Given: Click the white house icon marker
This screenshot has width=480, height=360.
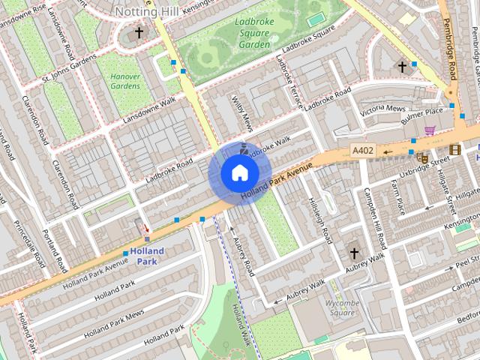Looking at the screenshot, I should (239, 173).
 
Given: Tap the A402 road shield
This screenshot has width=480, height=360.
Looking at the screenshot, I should (362, 151).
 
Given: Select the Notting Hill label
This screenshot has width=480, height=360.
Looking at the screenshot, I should (148, 11).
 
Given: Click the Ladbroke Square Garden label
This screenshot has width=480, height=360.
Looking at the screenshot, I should (252, 33).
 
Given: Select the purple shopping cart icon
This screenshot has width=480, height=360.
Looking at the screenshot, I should (430, 130).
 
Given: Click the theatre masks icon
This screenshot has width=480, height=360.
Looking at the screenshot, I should (423, 158).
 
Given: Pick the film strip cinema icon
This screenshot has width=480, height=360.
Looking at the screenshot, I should (454, 149).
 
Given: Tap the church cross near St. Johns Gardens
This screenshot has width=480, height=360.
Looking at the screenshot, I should (139, 32).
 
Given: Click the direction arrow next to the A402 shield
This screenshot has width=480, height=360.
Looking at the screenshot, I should (388, 151).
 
